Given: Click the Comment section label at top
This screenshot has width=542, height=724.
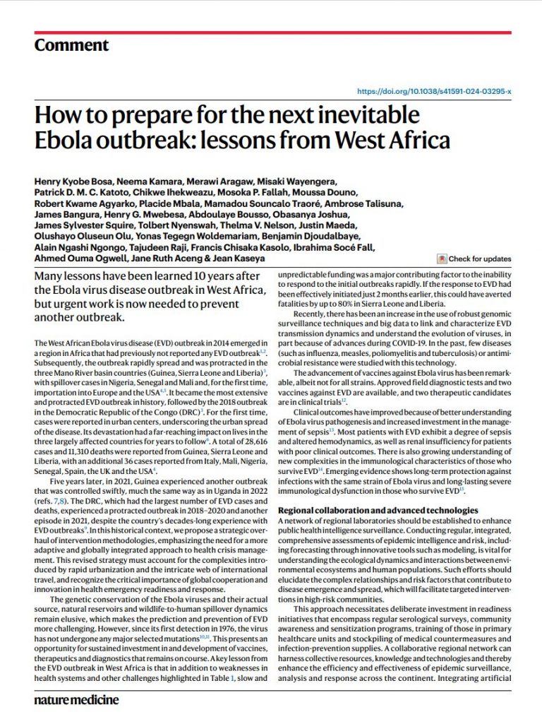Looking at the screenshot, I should click(x=71, y=46).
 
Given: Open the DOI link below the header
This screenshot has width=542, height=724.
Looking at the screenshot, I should click(x=434, y=91).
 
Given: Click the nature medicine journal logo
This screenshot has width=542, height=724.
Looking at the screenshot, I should click(x=76, y=700).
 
